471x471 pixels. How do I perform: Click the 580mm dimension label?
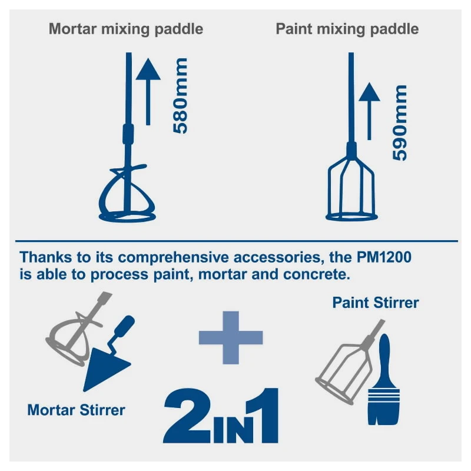coord(180,95)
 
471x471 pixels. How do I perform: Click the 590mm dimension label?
coord(400,123)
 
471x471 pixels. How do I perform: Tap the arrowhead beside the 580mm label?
coord(148,69)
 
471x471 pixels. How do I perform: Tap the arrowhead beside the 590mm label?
coord(369,92)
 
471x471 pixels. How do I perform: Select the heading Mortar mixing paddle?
coord(126,29)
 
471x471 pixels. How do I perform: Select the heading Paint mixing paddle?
coord(347,29)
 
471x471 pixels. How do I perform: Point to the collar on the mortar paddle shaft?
coord(128,134)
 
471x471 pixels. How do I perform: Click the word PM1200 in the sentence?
coord(384,257)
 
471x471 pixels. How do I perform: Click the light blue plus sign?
coord(231,337)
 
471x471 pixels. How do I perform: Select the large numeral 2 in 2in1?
coord(187,416)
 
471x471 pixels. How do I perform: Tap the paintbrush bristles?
coord(384,407)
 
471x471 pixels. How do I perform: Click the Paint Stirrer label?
coord(376,303)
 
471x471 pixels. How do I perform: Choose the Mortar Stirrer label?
coord(77,410)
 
